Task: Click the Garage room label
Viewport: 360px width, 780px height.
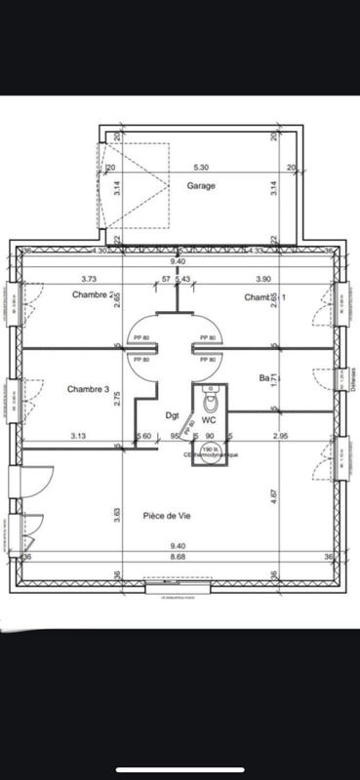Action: pos(201,185)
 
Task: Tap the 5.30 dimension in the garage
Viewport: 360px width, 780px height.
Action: pos(200,167)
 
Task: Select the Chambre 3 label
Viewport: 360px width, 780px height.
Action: pos(88,389)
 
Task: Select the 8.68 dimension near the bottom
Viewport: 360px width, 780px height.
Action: pos(179,557)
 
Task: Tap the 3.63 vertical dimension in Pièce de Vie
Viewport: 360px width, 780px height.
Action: pos(117,512)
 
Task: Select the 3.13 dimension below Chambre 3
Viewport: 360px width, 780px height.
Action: pos(79,435)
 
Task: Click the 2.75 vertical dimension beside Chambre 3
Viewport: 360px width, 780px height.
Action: pos(117,398)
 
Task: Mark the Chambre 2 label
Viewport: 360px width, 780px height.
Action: pos(94,294)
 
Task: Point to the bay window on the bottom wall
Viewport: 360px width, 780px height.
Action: pos(179,590)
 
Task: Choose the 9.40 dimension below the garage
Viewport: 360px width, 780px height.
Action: pos(179,261)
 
